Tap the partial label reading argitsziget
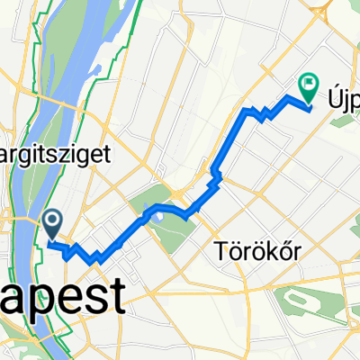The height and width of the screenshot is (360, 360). [67, 154]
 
